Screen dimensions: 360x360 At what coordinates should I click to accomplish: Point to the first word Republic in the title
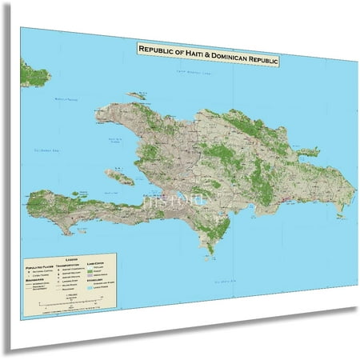click(157, 49)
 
